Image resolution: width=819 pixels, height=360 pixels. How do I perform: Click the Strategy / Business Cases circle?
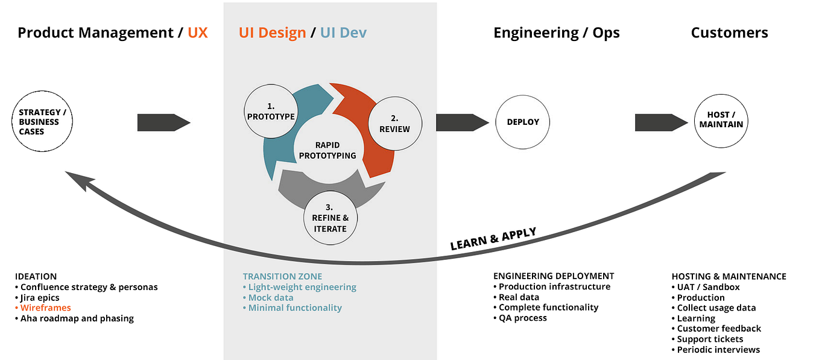pyautogui.click(x=42, y=122)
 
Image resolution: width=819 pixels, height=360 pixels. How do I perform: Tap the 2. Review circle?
pyautogui.click(x=394, y=124)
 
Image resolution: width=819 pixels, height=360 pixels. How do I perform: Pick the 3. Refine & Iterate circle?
pyautogui.click(x=330, y=218)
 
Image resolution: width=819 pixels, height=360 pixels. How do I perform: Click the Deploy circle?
pyautogui.click(x=523, y=122)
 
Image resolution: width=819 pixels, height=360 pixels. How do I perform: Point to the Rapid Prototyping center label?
pyautogui.click(x=327, y=150)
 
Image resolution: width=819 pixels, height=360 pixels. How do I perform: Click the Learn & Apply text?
pyautogui.click(x=493, y=239)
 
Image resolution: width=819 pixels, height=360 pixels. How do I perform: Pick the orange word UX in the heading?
pyautogui.click(x=198, y=33)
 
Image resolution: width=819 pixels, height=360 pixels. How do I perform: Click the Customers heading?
pyautogui.click(x=729, y=33)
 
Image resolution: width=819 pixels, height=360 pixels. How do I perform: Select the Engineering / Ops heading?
pyautogui.click(x=556, y=33)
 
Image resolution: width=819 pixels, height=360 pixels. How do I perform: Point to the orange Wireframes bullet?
pyautogui.click(x=45, y=308)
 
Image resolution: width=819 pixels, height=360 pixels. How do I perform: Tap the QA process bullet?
pyautogui.click(x=522, y=318)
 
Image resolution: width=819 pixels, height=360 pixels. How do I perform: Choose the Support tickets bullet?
pyautogui.click(x=710, y=339)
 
